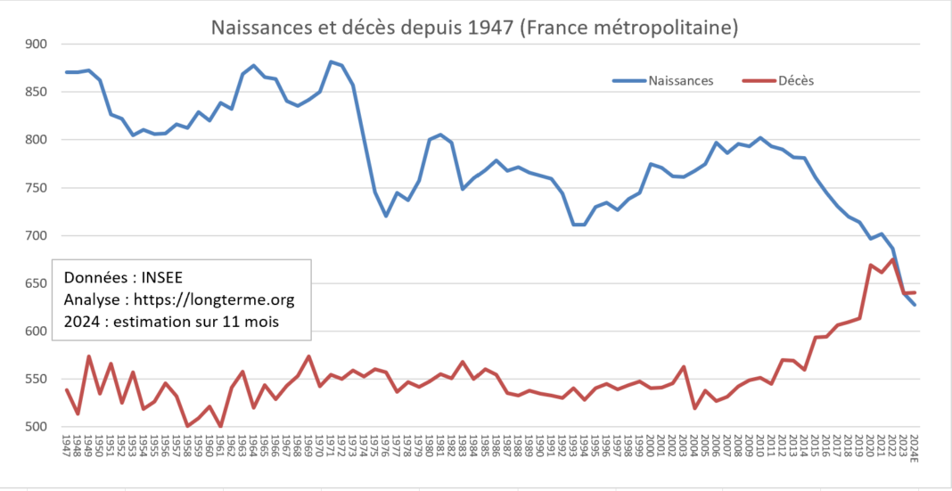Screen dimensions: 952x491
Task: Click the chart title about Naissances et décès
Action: tap(474, 28)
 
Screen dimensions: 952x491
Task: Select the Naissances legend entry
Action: tap(662, 80)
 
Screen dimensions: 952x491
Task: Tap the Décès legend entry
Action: tap(778, 80)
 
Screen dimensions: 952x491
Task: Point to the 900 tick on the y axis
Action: tap(36, 44)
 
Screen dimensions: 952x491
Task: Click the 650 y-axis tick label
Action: tap(36, 283)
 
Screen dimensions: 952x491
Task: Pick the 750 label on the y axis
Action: tap(36, 187)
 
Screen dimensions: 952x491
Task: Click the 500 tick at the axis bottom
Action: tap(36, 427)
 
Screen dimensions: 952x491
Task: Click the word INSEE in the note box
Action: tap(162, 277)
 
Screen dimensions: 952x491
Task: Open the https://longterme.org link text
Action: tap(214, 300)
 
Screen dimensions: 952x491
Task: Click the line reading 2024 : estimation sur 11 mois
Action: tap(171, 323)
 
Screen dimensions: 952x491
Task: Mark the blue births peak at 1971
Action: tap(331, 61)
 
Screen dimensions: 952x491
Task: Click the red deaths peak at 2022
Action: tap(892, 259)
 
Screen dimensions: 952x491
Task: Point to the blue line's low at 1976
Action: tap(386, 216)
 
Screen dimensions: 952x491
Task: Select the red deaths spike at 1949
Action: tap(88, 356)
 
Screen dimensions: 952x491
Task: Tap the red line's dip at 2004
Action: tap(694, 408)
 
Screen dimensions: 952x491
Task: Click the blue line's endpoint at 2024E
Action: tap(915, 305)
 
